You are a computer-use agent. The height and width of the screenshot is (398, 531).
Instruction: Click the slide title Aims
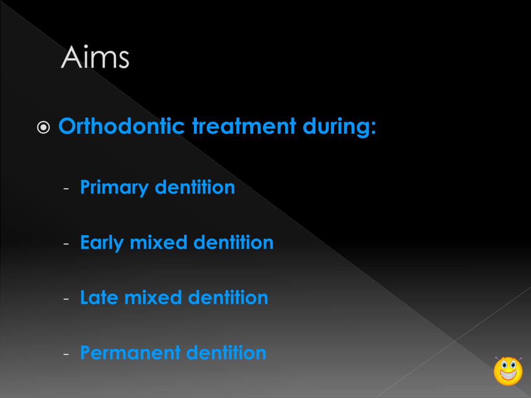coord(95,58)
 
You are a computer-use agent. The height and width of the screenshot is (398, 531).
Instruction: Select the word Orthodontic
coord(121,127)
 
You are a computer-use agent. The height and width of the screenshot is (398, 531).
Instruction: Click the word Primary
coord(114,188)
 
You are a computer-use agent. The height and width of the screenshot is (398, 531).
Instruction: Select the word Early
coord(102,243)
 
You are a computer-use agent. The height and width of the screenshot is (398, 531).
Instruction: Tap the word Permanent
coord(130,353)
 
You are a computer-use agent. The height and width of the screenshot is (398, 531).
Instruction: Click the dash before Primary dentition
coord(66,188)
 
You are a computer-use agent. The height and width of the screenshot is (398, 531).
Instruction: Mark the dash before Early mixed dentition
coord(66,244)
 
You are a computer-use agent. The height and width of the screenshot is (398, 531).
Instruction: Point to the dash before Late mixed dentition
coord(66,299)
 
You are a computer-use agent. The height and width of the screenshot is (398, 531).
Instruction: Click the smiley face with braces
coord(508,371)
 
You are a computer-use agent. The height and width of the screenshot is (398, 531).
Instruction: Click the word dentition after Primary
coord(195,188)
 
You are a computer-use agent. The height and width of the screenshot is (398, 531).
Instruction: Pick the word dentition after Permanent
coord(226,353)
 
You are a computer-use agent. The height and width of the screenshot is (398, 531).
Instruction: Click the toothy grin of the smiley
coord(508,376)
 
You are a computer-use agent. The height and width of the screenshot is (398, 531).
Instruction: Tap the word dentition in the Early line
coord(233,243)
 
